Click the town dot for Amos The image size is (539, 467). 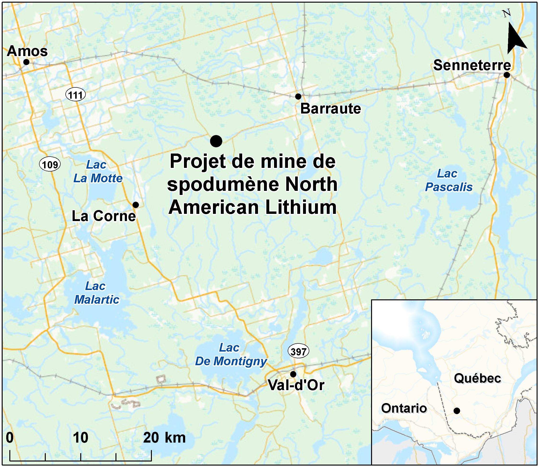26,62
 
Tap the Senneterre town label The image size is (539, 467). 472,65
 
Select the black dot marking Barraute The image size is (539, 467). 298,97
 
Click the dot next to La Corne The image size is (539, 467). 136,205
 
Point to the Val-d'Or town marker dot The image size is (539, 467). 293,374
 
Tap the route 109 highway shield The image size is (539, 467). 50,165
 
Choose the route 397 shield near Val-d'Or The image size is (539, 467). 298,352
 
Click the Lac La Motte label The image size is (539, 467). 98,171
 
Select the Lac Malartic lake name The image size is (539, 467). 97,293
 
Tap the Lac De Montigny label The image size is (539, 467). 231,354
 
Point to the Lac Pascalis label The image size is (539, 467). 448,180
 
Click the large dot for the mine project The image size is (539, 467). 216,141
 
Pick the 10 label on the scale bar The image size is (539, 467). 80,438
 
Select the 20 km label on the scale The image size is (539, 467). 164,438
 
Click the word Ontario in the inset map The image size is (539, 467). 404,408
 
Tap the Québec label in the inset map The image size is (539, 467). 477,378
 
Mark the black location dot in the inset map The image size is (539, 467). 457,411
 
